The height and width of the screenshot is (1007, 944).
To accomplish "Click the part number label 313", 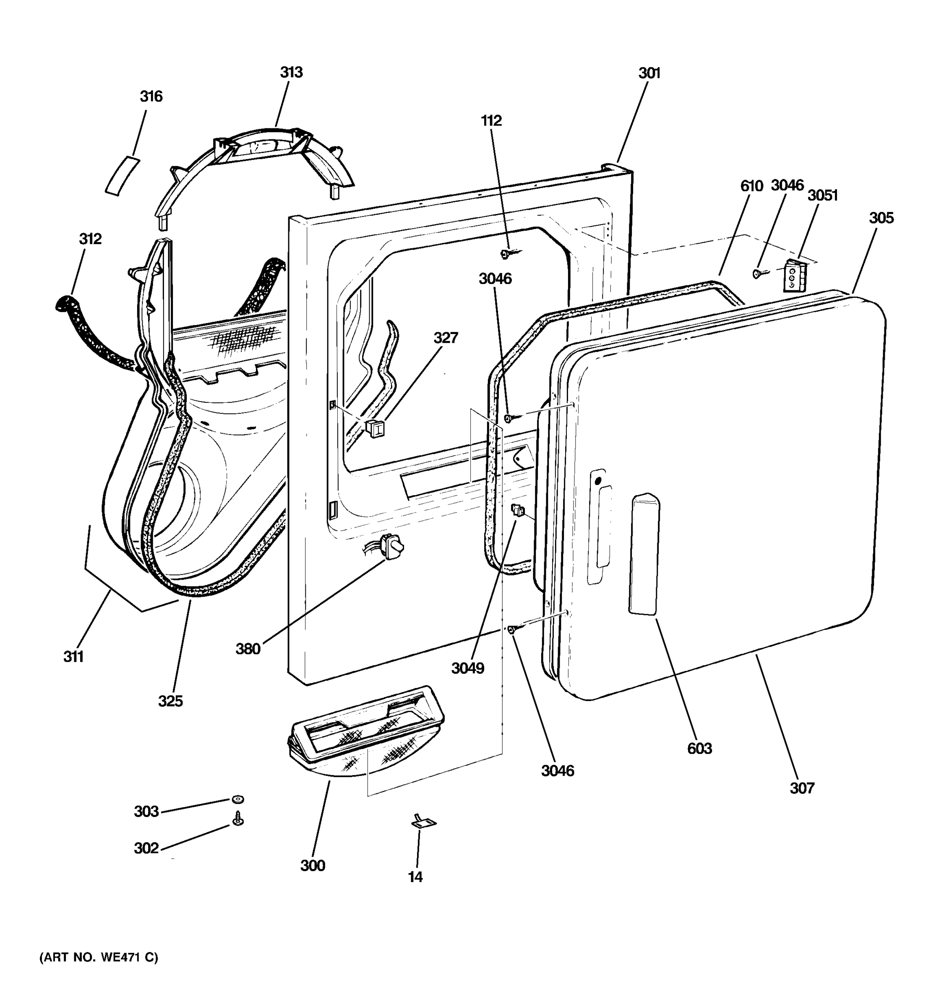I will [291, 73].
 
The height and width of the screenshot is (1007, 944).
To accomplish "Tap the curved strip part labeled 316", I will [122, 175].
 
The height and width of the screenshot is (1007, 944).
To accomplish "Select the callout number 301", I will [649, 73].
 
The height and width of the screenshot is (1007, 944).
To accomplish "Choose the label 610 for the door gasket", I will [751, 186].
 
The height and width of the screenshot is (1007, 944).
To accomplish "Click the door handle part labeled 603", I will [644, 555].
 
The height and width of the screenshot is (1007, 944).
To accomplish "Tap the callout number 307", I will [802, 788].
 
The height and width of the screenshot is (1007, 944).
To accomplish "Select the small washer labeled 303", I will [237, 799].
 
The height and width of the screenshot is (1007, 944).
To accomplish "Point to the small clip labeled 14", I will [423, 823].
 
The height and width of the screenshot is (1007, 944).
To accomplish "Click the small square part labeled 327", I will [375, 428].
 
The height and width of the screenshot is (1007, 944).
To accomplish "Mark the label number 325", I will [170, 701].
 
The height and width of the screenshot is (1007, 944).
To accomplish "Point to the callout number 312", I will [90, 239].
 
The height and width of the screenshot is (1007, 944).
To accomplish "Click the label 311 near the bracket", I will [73, 657].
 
